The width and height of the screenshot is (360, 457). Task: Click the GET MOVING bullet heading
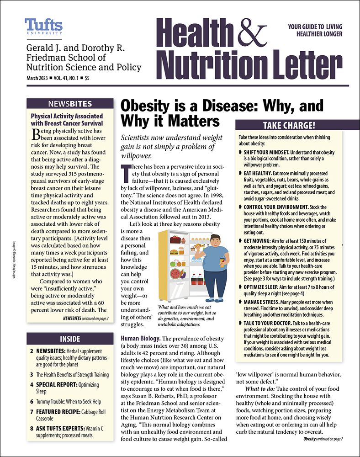point(259,240)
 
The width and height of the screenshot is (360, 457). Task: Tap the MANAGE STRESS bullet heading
point(263,302)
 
